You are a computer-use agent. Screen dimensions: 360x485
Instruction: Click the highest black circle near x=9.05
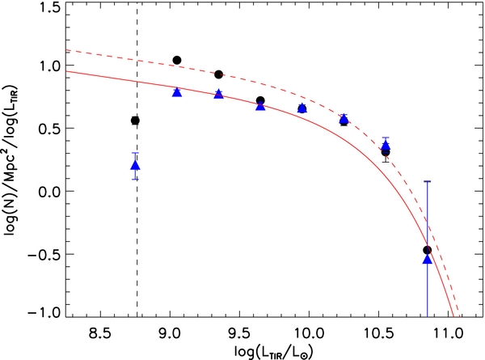[x=177, y=61]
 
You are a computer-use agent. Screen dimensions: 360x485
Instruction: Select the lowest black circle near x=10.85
[x=428, y=250]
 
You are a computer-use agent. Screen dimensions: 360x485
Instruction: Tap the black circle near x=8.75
[x=136, y=121]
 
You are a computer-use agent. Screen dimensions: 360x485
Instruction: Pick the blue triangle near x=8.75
[x=136, y=165]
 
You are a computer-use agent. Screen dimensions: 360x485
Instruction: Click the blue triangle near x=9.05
[x=177, y=92]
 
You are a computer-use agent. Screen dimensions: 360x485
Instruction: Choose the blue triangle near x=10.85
[x=428, y=258]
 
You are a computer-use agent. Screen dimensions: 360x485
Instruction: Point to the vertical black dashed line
[x=137, y=243]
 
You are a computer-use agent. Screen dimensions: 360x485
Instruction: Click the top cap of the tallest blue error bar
[x=428, y=181]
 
